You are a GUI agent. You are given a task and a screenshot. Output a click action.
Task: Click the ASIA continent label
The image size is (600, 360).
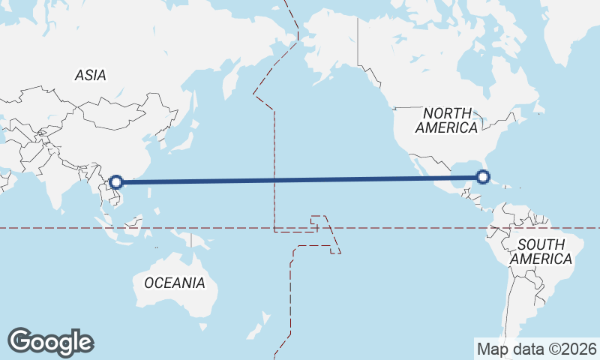click(90, 75)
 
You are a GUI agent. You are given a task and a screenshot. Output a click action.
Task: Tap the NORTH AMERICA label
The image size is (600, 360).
click(447, 120)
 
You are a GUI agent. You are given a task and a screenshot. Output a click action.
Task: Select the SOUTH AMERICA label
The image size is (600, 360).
click(541, 251)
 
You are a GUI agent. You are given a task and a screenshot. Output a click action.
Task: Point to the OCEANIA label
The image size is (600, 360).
click(174, 283)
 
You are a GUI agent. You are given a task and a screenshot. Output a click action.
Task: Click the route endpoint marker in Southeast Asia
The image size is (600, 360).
click(116, 181)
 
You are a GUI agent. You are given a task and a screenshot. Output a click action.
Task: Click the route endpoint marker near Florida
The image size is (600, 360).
click(483, 178)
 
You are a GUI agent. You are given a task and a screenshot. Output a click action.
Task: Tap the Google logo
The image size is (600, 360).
click(50, 342)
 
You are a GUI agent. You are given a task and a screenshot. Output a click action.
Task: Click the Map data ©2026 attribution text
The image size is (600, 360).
click(537, 349)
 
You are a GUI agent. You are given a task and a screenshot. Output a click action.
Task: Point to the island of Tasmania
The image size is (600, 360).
click(202, 326)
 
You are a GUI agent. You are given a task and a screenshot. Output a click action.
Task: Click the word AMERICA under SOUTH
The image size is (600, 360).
click(541, 259)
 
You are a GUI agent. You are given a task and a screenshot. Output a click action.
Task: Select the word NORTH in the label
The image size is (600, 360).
click(447, 112)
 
